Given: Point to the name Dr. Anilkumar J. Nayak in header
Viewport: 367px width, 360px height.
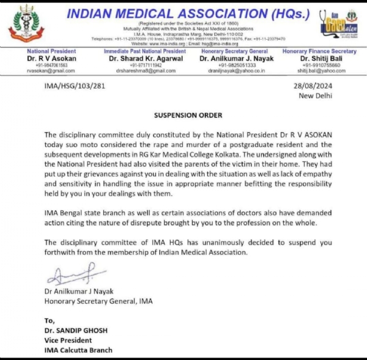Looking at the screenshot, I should tap(234, 59).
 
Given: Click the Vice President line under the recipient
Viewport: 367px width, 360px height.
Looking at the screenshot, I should tap(69, 340).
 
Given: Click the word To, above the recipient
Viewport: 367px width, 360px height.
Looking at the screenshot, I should tap(50, 320).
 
